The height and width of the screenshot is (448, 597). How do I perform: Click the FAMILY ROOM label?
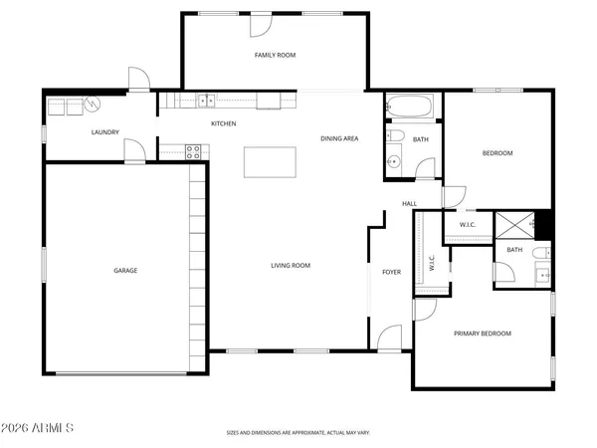click(275, 55)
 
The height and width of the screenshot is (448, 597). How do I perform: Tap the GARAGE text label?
click(125, 270)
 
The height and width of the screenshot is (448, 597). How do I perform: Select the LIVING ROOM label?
click(292, 265)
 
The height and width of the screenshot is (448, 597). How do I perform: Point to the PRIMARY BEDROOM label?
click(483, 334)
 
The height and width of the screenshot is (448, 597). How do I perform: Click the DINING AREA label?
click(339, 138)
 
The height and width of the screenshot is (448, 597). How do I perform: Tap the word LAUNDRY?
click(104, 132)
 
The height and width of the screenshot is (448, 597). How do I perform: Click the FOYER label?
click(392, 271)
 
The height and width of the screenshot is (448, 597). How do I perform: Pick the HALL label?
click(409, 204)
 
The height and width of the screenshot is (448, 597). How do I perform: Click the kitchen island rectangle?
click(271, 162)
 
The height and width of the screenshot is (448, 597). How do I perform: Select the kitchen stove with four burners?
click(194, 151)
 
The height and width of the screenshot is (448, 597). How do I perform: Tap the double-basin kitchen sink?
click(206, 100)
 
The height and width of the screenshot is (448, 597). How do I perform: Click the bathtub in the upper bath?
click(408, 104)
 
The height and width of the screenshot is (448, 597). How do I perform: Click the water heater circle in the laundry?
click(91, 104)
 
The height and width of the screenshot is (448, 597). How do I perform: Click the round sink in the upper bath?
click(394, 160)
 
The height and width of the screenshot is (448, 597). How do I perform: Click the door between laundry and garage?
click(132, 150)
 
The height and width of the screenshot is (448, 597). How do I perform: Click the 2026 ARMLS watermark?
click(42, 428)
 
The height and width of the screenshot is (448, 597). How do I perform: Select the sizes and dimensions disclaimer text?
click(298, 433)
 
